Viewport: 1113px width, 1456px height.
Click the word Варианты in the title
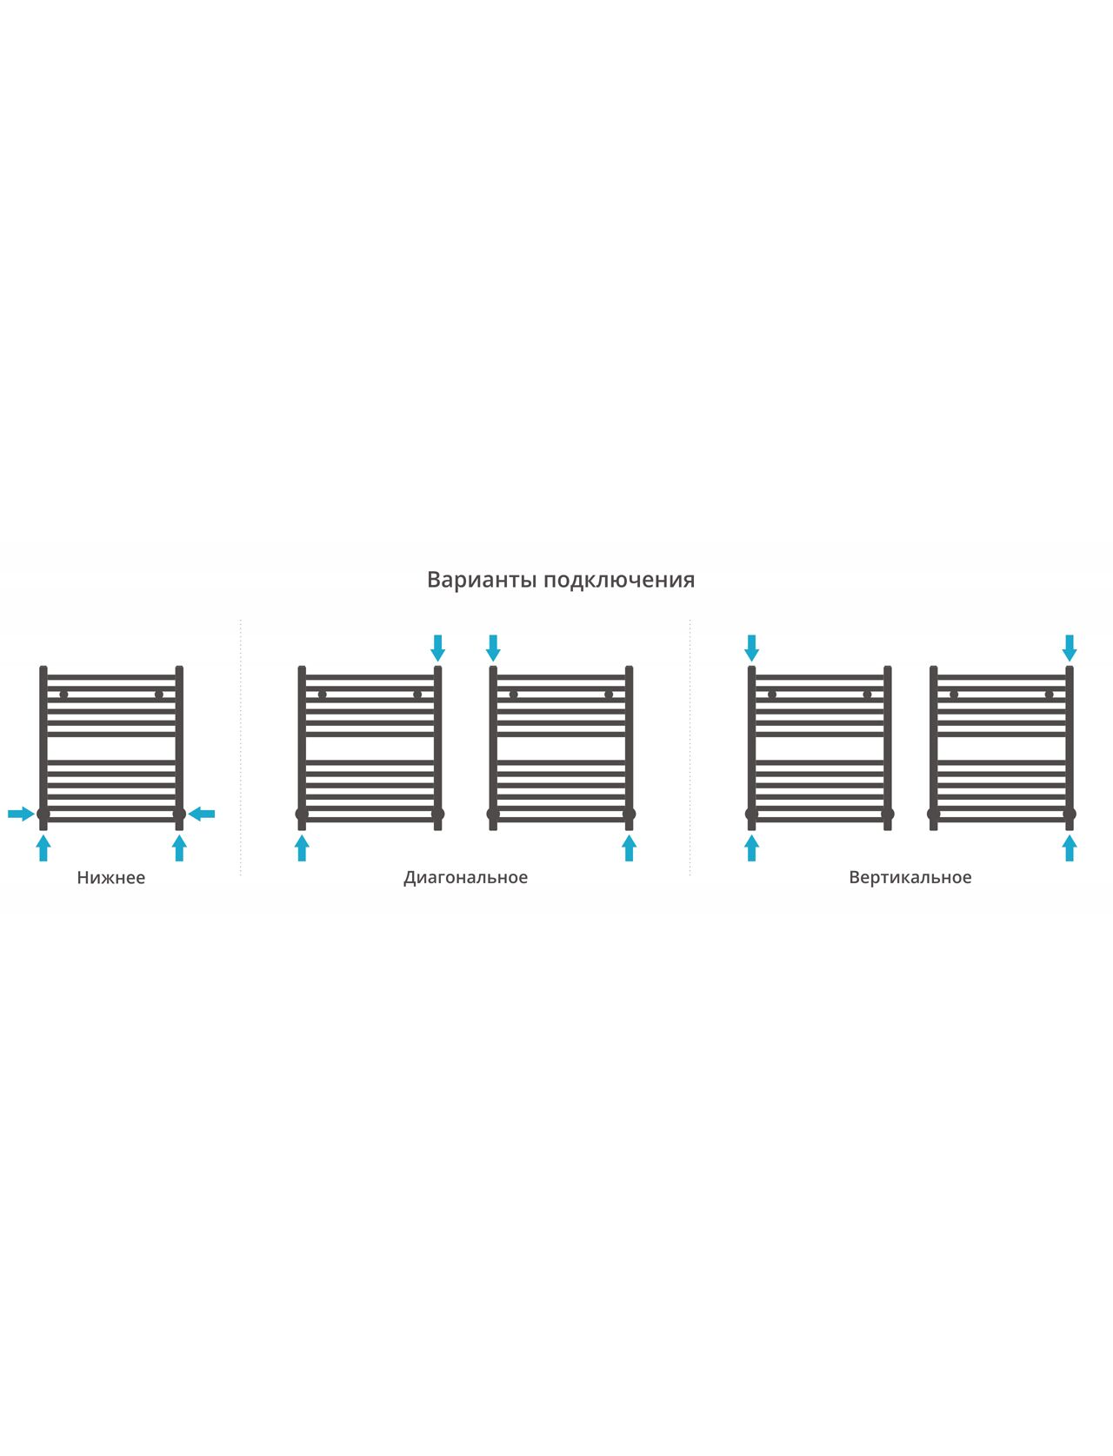(x=482, y=579)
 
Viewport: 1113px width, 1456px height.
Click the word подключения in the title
(x=619, y=581)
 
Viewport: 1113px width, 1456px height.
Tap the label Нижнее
(x=110, y=878)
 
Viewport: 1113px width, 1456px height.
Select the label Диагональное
(x=465, y=878)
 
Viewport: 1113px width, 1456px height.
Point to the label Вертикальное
(x=910, y=878)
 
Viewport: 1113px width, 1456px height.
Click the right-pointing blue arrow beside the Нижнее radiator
(x=21, y=814)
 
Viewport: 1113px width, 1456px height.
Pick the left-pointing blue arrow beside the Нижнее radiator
(x=202, y=814)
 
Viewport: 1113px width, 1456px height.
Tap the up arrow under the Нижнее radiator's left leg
(x=43, y=848)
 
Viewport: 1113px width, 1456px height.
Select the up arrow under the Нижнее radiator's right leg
(x=179, y=848)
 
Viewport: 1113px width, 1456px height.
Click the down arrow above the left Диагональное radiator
(x=437, y=648)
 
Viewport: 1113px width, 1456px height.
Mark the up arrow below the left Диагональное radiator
(x=302, y=848)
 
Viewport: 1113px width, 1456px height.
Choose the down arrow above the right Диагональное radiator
(x=493, y=648)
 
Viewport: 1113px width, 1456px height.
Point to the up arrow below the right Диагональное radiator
(x=630, y=848)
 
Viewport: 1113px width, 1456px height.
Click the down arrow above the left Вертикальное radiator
(x=751, y=648)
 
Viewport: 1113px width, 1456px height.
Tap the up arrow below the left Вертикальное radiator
(x=751, y=848)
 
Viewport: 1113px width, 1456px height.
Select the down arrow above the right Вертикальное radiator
(x=1070, y=648)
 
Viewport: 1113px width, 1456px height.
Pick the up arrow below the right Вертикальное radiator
(x=1070, y=848)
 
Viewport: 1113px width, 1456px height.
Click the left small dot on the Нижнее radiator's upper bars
(x=63, y=695)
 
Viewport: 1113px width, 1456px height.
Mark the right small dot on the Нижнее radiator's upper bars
(x=158, y=695)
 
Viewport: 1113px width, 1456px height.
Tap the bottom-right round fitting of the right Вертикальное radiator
(x=1070, y=814)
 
